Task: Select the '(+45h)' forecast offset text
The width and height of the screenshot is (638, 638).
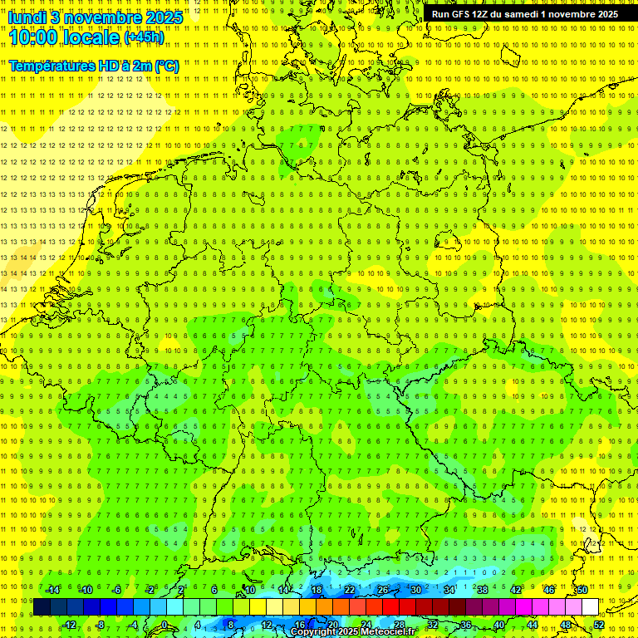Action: click(x=144, y=37)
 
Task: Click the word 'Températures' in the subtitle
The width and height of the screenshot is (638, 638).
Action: click(x=53, y=66)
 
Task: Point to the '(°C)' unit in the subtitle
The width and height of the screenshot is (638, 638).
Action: click(x=164, y=66)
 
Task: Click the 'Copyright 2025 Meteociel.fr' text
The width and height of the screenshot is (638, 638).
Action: click(x=353, y=632)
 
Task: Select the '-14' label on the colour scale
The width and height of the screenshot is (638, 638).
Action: click(x=53, y=590)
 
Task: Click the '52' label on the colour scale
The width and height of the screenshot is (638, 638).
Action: click(x=599, y=625)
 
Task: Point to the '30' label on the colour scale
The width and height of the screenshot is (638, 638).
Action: click(x=416, y=590)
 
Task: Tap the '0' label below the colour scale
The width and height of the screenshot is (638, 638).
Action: click(x=164, y=625)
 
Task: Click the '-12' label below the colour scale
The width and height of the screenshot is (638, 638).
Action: click(x=70, y=625)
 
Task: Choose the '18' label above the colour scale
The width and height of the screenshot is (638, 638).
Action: click(x=317, y=590)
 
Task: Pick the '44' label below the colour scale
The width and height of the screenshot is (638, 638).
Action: click(x=532, y=625)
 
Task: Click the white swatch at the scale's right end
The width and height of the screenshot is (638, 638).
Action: click(x=590, y=607)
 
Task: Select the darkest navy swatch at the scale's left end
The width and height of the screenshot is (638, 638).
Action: click(x=42, y=607)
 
